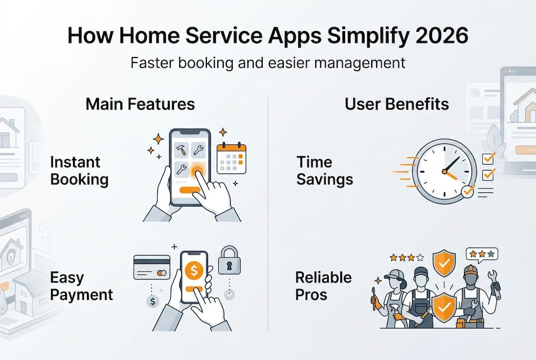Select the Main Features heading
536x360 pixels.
click(x=140, y=104)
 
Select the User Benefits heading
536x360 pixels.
click(x=397, y=104)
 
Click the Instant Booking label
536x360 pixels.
click(x=79, y=170)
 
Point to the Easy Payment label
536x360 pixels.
click(x=81, y=286)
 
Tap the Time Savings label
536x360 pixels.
click(x=325, y=170)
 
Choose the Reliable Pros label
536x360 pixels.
click(x=323, y=286)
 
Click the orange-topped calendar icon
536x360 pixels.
click(x=231, y=158)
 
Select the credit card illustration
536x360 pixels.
click(x=152, y=267)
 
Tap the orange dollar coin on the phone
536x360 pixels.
click(x=194, y=270)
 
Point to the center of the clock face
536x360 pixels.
click(x=445, y=171)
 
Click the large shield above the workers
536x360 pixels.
click(x=444, y=263)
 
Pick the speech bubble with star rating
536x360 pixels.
click(x=482, y=255)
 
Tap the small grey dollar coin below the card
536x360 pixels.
click(x=152, y=301)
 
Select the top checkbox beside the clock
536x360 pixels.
click(x=489, y=158)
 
